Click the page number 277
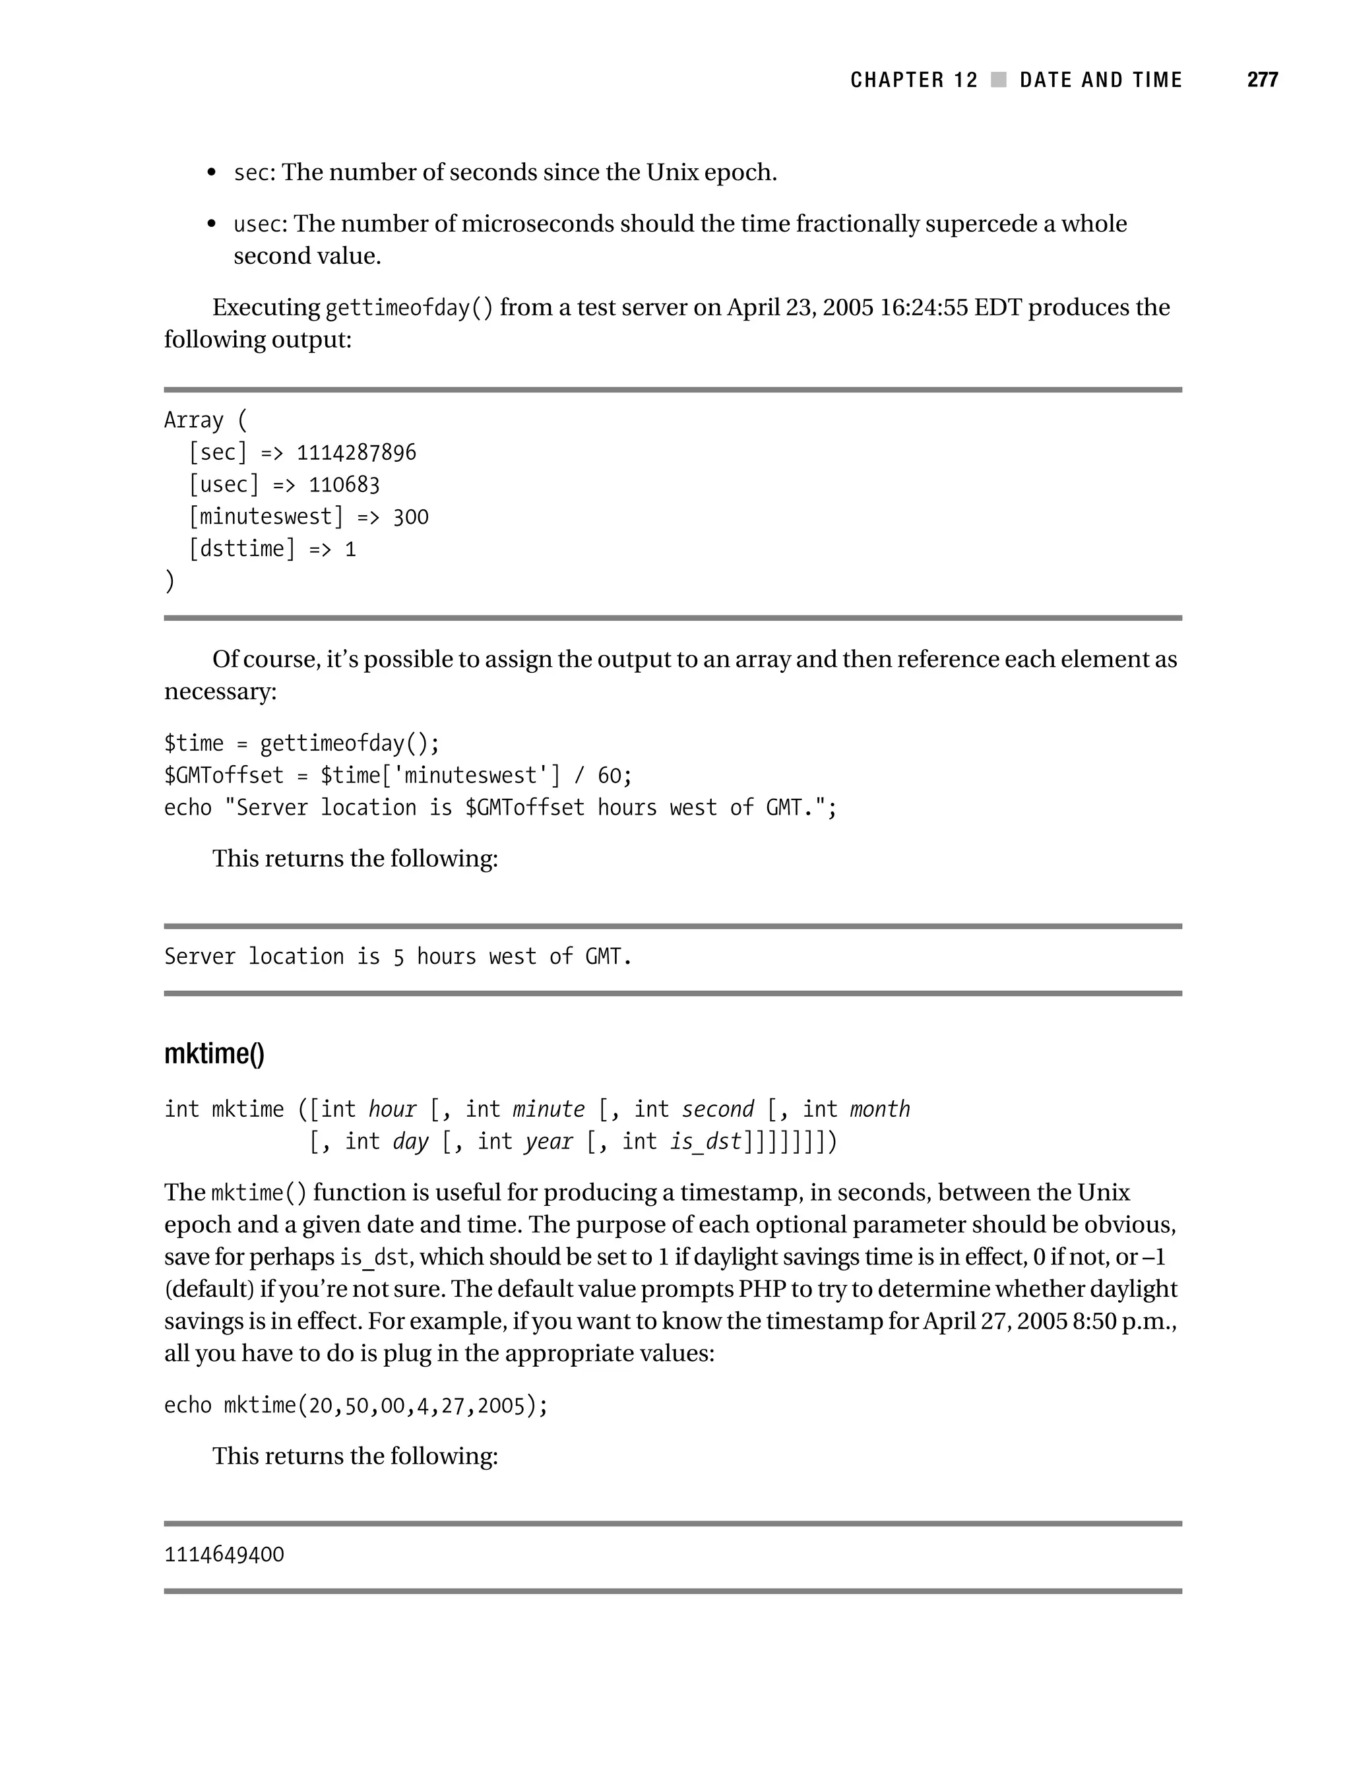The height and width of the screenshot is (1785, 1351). pyautogui.click(x=1261, y=80)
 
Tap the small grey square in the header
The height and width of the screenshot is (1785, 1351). pyautogui.click(x=998, y=80)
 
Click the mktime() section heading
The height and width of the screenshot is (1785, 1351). pyautogui.click(x=214, y=1054)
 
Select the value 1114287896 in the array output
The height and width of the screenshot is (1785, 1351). pyautogui.click(x=356, y=453)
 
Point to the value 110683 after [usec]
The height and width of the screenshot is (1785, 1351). pyautogui.click(x=344, y=485)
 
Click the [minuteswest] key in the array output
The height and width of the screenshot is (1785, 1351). pyautogui.click(x=266, y=517)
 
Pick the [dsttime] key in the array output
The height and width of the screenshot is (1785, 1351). pyautogui.click(x=241, y=549)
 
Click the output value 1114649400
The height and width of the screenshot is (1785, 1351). pyautogui.click(x=224, y=1555)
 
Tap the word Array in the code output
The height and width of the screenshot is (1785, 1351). pyautogui.click(x=194, y=420)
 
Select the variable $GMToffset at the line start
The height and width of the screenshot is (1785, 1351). pyautogui.click(x=224, y=776)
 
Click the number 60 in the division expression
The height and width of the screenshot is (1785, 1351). pyautogui.click(x=610, y=776)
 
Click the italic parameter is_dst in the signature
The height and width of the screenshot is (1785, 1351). pyautogui.click(x=705, y=1142)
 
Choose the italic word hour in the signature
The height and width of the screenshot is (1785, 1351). pyautogui.click(x=393, y=1110)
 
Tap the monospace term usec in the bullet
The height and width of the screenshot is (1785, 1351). pyautogui.click(x=257, y=224)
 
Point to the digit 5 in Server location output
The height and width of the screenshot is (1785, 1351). pyautogui.click(x=398, y=957)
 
